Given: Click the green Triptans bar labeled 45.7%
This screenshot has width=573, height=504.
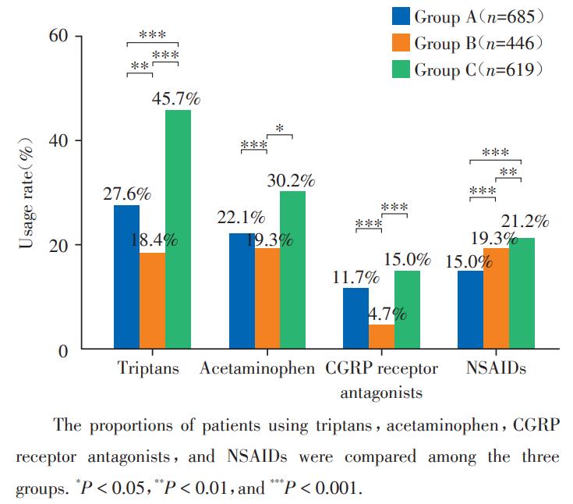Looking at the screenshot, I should pos(178,229).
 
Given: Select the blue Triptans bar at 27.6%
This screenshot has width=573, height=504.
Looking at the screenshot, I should pos(126,277).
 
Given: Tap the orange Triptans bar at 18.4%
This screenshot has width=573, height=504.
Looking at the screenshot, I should pos(152,300).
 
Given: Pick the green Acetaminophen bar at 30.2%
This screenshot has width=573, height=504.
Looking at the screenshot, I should pos(292,270).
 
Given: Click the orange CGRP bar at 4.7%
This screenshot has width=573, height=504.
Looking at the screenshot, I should pos(381,337).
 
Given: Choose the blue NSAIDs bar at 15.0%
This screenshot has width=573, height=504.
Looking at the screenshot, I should pos(470,310).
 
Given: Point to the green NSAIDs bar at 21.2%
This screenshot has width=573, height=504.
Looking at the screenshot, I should pos(521,293).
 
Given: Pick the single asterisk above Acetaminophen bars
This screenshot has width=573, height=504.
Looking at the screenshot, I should pos(279,129).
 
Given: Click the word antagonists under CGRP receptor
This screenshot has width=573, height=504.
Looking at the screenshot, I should pos(381,392).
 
